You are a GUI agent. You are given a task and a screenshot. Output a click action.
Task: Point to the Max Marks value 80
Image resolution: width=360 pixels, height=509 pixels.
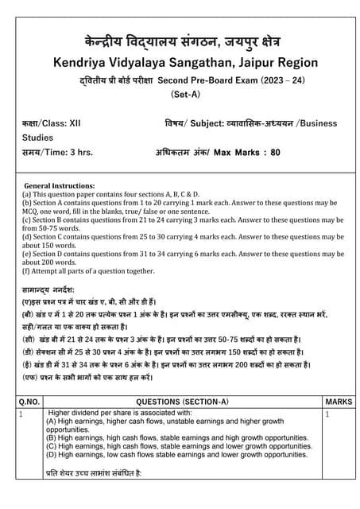pos(276,152)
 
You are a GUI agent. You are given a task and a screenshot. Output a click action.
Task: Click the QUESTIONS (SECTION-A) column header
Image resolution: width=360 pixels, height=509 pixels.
pos(182,402)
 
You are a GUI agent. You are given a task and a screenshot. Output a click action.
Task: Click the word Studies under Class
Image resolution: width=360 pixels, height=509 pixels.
pos(38,138)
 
